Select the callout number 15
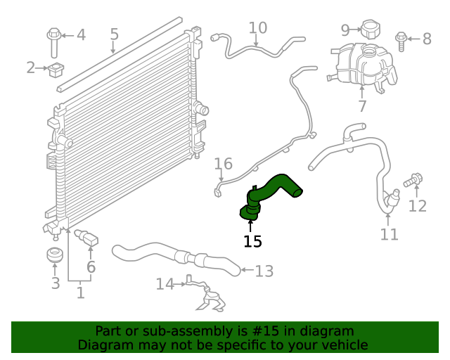[252, 242]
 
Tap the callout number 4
[81, 34]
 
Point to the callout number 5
[114, 34]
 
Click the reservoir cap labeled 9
[370, 29]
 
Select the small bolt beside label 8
[401, 39]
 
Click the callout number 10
[258, 28]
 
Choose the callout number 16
[223, 165]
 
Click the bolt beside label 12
[413, 181]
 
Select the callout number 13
[264, 271]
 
